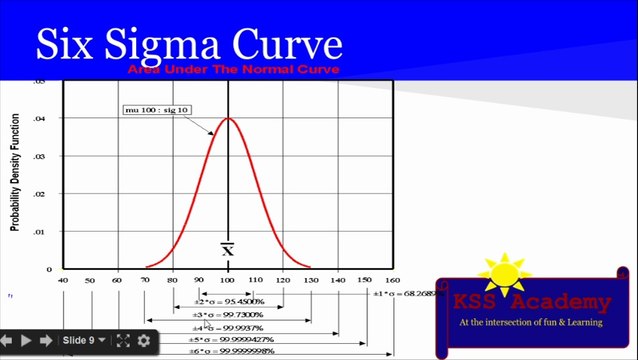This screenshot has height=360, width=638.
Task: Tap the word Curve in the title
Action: pos(290,45)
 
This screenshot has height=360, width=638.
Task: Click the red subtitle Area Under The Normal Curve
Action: pos(233,69)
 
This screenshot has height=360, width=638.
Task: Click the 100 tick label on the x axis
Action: pos(229,280)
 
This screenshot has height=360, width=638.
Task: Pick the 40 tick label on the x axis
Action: pos(64,280)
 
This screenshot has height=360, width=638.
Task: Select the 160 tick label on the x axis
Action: pos(392,280)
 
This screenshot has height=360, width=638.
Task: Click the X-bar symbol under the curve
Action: pos(228,248)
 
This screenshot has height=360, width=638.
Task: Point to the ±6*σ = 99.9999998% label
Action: pos(232,352)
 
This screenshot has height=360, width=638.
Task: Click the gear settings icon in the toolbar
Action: pos(143,341)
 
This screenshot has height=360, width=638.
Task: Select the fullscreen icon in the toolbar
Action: pos(123,341)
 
